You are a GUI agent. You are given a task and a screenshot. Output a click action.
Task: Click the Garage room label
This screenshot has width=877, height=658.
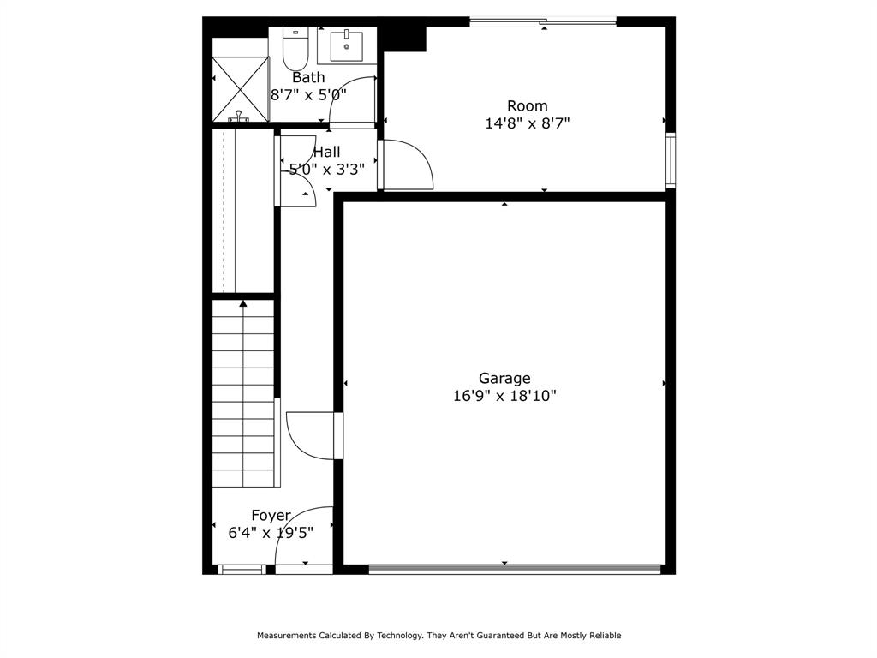[x=504, y=378]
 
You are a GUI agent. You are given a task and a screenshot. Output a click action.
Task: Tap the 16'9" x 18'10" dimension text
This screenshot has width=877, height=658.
[x=504, y=396]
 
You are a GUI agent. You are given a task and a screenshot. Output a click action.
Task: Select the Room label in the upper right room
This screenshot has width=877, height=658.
[x=527, y=105]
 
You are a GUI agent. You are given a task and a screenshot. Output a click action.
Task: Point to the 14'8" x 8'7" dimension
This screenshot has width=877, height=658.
[x=527, y=123]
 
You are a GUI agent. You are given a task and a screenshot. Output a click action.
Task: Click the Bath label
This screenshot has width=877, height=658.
[x=308, y=77]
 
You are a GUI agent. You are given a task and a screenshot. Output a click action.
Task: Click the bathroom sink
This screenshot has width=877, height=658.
[x=346, y=45]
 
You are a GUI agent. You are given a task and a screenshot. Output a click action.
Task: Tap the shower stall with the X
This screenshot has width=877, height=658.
[x=240, y=88]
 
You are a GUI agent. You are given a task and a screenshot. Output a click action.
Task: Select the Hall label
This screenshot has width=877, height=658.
[x=326, y=152]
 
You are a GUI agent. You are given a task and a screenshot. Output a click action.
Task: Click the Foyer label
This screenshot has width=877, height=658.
[x=271, y=515]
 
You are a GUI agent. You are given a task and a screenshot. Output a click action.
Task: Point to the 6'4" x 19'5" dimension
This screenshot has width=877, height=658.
[x=271, y=532]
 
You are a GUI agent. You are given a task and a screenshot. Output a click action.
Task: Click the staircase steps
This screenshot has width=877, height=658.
[x=243, y=394]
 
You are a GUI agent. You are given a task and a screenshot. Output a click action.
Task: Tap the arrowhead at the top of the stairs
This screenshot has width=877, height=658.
[x=243, y=303]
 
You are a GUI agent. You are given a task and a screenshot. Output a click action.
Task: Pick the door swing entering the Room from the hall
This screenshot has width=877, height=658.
[x=407, y=165]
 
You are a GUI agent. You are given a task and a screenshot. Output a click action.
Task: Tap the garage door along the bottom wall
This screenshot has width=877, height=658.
[x=514, y=568]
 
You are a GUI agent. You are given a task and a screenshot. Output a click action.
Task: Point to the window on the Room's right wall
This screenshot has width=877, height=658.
[x=671, y=160]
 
